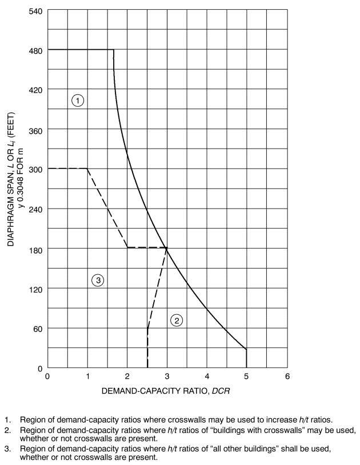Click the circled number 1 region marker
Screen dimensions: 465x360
(x=78, y=101)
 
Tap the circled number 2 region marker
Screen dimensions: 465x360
(x=177, y=320)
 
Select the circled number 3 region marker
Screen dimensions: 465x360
(x=98, y=280)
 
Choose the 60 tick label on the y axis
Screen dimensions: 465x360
(x=37, y=328)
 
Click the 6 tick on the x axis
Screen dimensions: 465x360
(x=287, y=376)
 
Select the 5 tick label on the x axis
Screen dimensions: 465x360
(x=247, y=376)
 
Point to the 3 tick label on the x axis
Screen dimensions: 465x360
(x=167, y=376)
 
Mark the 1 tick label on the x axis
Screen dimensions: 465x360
(x=87, y=376)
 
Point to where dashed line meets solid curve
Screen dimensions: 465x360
(x=167, y=247)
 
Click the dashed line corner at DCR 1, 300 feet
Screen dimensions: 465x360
(x=87, y=169)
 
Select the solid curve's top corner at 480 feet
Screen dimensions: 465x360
(x=114, y=50)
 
